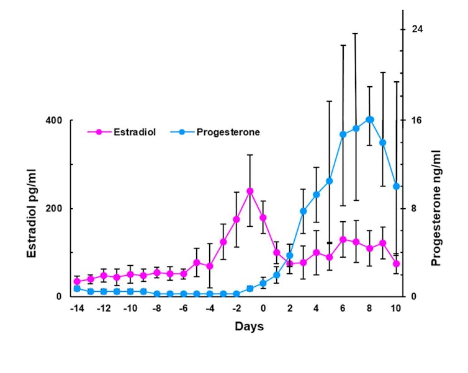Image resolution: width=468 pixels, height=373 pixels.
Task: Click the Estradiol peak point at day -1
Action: point(250,191)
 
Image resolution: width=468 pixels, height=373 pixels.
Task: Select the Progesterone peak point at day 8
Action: point(369,119)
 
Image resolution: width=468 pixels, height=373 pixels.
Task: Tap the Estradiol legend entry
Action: point(128,132)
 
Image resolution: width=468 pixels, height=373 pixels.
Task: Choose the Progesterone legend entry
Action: point(227,132)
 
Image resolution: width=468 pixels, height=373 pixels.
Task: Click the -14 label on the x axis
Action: point(77,308)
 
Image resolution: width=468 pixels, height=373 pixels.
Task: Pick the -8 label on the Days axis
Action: point(157,308)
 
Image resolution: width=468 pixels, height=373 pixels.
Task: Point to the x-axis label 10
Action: point(396,308)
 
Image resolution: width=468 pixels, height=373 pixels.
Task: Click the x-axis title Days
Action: point(249,326)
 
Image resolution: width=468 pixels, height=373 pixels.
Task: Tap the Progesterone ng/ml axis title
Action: point(436,208)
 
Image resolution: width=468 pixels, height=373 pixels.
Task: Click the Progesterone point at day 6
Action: point(343,134)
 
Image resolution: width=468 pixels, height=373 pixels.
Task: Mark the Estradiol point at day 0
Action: point(263,217)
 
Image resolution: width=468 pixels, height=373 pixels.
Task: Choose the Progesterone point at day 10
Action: point(396,186)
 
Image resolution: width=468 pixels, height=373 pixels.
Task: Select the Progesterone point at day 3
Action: point(303,211)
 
